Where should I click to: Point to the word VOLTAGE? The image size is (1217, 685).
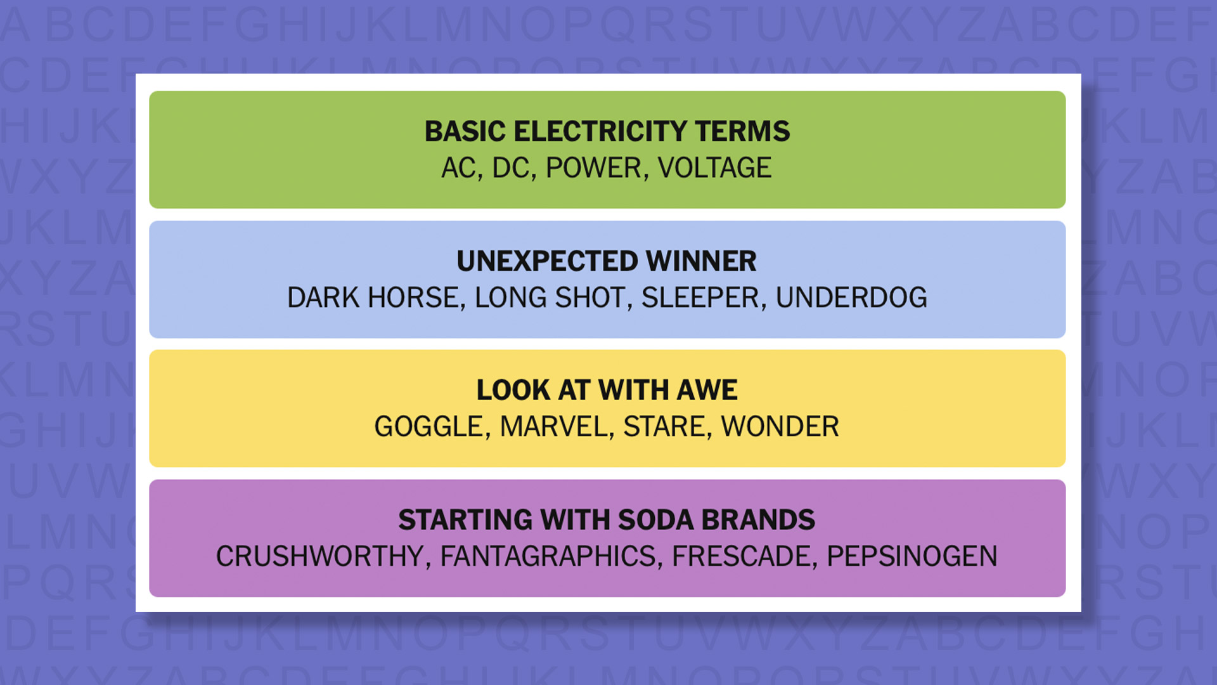click(x=714, y=168)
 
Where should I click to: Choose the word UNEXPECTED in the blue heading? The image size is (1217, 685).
click(x=547, y=261)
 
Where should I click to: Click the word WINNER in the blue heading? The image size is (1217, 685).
click(x=701, y=261)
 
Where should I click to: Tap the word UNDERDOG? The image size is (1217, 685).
click(x=851, y=298)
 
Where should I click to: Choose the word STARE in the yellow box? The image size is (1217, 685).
click(x=664, y=427)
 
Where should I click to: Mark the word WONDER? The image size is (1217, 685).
click(x=780, y=427)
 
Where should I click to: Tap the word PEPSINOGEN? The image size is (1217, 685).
click(x=911, y=557)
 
